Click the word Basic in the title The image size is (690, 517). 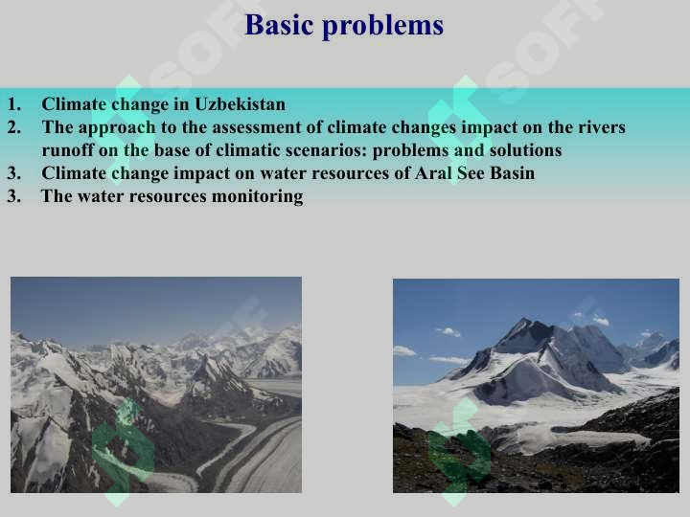point(279,25)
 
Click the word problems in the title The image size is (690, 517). point(382,27)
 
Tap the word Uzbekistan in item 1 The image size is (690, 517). point(240,104)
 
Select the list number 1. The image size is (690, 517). point(14,104)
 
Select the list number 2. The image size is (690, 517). point(14,127)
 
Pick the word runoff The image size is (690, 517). point(67,150)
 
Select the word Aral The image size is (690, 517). point(433,172)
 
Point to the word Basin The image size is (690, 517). point(512,172)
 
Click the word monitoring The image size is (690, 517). point(258,196)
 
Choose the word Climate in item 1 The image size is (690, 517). point(74,104)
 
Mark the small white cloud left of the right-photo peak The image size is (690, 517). point(448,331)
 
